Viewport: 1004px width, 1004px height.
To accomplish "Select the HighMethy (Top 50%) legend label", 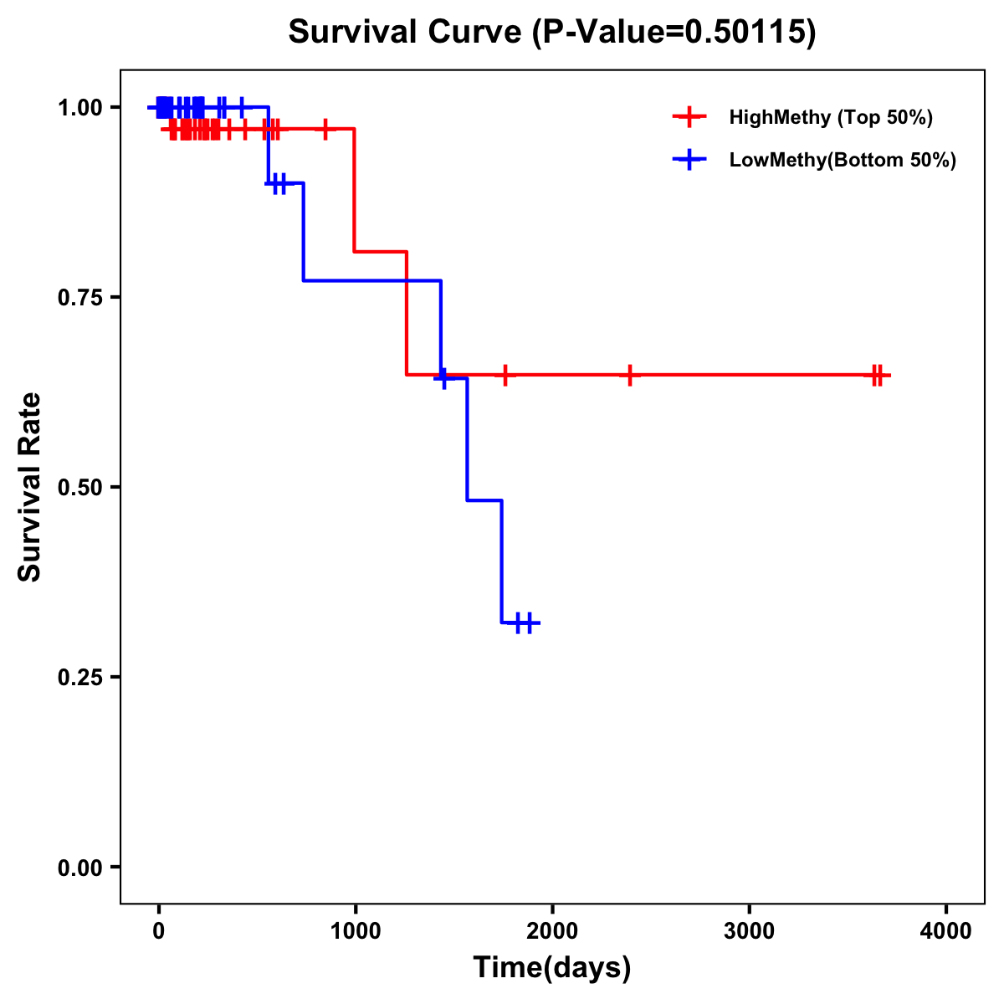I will (x=831, y=117).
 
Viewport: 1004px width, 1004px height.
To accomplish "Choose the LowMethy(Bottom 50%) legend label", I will (x=843, y=160).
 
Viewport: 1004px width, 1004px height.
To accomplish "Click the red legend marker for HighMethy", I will (x=689, y=117).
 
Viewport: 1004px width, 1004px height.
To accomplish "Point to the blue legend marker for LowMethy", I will (x=689, y=160).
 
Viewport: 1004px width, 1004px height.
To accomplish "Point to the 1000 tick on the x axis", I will (x=355, y=931).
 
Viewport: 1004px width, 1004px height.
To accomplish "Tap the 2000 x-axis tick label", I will (x=552, y=931).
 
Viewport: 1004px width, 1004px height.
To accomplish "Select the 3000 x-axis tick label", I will (x=749, y=931).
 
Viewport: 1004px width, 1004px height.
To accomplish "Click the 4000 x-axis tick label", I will (x=946, y=931).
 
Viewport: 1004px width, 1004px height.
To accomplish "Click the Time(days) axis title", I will (x=552, y=968).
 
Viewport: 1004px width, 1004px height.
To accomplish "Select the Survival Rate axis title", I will (x=30, y=487).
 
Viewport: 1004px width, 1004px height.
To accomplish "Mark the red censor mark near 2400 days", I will (x=629, y=375).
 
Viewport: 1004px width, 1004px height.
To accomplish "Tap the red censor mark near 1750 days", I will (x=505, y=375).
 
